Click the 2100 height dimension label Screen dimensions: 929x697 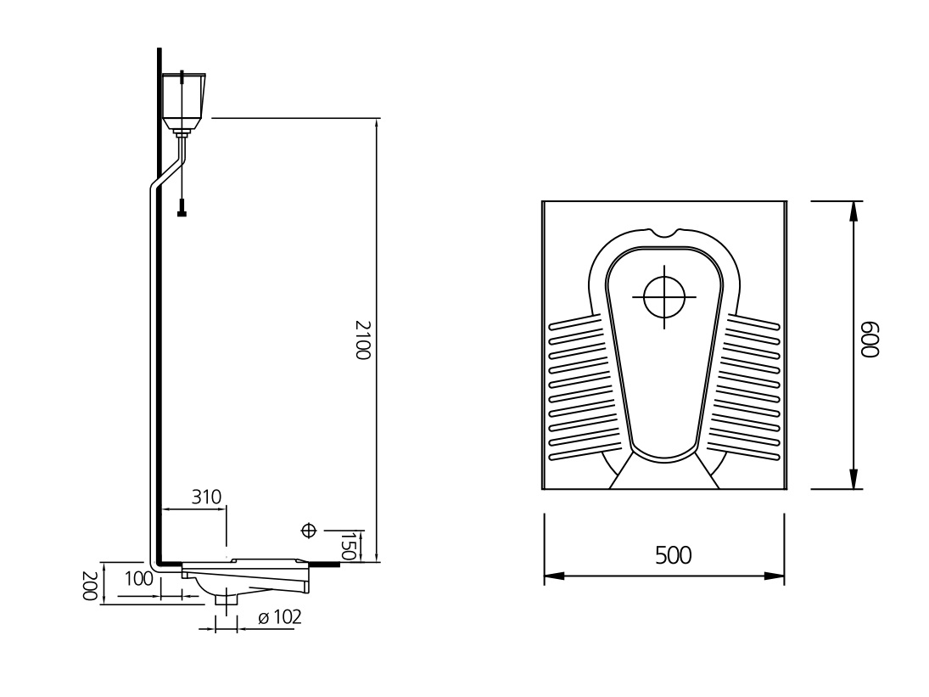pos(362,340)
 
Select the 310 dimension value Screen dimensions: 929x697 pos(206,497)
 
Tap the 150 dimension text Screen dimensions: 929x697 pos(349,546)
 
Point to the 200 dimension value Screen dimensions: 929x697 pos(89,586)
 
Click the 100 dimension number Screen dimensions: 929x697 pos(138,578)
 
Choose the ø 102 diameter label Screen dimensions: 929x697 pos(280,617)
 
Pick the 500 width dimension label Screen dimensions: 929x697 pos(673,555)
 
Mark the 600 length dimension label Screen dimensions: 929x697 pos(870,340)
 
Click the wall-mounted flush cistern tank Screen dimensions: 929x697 pos(183,101)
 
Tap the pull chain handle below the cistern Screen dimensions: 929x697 pos(182,208)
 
